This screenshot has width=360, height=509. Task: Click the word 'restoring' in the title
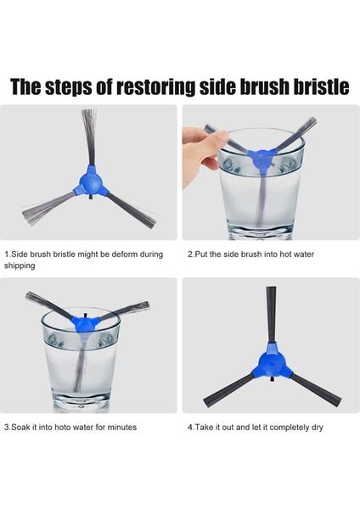pos(156,87)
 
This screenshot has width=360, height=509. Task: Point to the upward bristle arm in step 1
pos(89,137)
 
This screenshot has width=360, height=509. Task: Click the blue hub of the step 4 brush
pos(272,361)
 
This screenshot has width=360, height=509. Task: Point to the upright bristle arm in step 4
pos(272,315)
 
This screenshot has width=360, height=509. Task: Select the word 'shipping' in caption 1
pos(20,266)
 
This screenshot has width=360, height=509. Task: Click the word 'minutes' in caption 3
pos(122,428)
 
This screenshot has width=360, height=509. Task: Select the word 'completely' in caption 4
pos(290,428)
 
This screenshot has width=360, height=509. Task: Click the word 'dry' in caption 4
pos(318,428)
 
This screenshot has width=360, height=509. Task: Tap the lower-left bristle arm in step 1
pos(48,208)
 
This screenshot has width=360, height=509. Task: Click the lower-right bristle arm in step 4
pos(316,389)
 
